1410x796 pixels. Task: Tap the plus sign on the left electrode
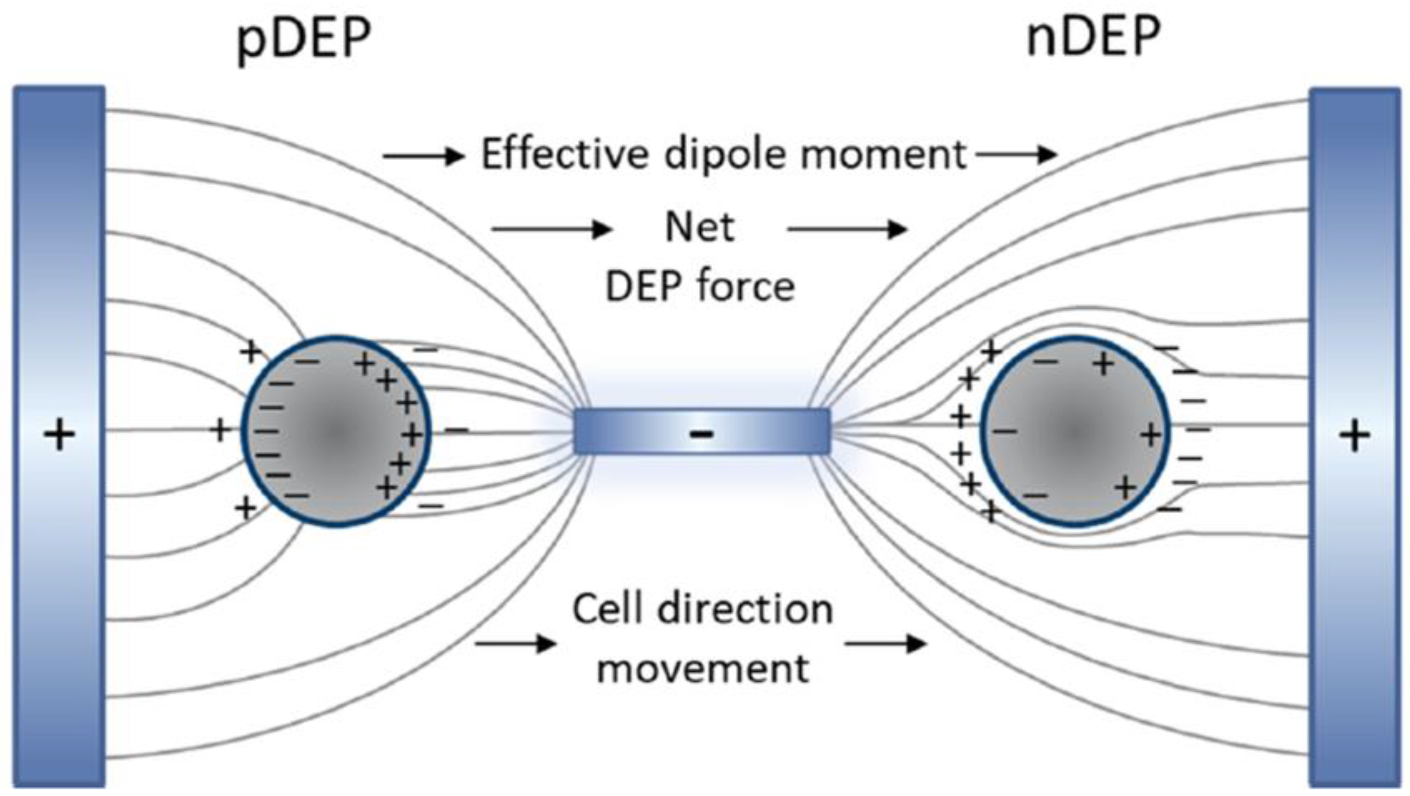59,435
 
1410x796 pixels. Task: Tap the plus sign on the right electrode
1355,436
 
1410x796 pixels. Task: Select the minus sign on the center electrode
702,434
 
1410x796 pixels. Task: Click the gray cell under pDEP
336,432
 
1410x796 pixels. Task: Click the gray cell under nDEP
1074,432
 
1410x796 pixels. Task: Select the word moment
883,155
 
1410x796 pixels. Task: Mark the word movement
702,668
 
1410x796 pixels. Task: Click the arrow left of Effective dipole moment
423,156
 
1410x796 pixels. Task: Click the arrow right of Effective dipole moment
1016,155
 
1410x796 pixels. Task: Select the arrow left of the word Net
551,229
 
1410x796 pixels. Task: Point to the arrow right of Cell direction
885,644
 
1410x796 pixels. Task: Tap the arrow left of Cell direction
516,644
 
